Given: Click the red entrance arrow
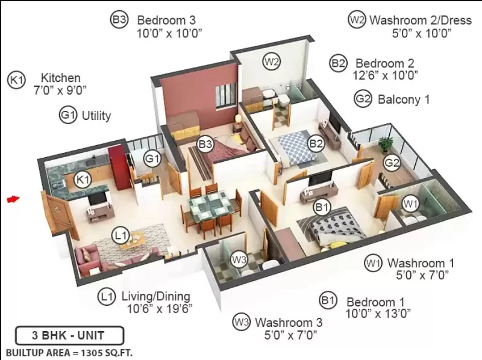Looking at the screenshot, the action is pos(13,199).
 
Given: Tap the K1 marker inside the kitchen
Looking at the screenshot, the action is pos(83,179).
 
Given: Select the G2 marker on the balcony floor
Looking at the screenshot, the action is pos(392,163).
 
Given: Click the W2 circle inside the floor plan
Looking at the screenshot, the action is pos(272,62).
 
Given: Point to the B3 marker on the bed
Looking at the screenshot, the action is pos(205,144).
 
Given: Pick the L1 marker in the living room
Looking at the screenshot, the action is pos(120,235).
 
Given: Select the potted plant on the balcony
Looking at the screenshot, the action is pos(386,144).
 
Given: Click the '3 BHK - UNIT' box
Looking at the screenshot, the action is pos(70,335).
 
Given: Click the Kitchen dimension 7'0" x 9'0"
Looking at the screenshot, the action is pos(60,90).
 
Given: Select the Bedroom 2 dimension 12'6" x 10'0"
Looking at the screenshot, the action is pos(385,75).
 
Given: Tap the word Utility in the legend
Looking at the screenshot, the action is pos(96,116).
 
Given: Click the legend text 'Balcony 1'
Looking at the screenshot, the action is pos(404,99).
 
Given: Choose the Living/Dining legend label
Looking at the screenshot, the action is pos(156,296).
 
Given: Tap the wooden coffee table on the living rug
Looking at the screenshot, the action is pos(133,239).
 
